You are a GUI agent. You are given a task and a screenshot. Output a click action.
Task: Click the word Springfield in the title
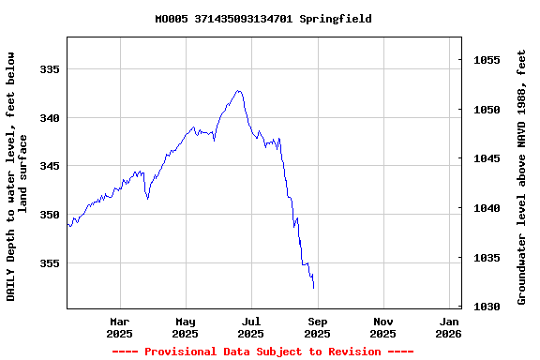pyautogui.click(x=336, y=19)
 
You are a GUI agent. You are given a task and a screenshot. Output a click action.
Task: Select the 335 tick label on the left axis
pyautogui.click(x=49, y=69)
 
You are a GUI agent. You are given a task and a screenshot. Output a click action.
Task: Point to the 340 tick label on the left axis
pyautogui.click(x=49, y=118)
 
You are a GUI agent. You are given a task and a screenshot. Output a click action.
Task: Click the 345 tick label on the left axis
pyautogui.click(x=49, y=166)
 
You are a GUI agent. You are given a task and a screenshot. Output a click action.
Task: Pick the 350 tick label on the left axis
pyautogui.click(x=49, y=215)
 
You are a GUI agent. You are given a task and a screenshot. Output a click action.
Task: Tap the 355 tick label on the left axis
pyautogui.click(x=49, y=263)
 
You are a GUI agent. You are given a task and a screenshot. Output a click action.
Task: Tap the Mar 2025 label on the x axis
pyautogui.click(x=119, y=327)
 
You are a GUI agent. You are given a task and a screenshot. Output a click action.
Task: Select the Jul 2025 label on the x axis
pyautogui.click(x=250, y=327)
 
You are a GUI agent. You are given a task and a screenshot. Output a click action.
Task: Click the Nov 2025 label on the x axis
pyautogui.click(x=382, y=327)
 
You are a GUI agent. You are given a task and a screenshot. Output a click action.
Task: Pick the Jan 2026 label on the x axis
pyautogui.click(x=449, y=327)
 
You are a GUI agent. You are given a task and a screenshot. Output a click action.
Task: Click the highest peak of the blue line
pyautogui.click(x=239, y=91)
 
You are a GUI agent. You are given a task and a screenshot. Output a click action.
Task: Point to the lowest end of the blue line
pyautogui.click(x=313, y=287)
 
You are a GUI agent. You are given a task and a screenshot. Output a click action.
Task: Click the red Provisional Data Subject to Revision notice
pyautogui.click(x=262, y=352)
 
